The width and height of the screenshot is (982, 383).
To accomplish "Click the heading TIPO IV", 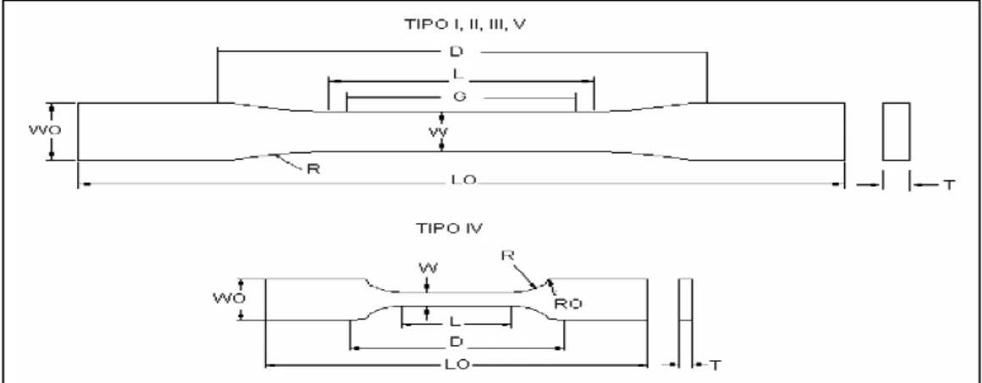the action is point(450,228).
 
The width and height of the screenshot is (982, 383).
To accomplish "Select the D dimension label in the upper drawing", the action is point(456,52).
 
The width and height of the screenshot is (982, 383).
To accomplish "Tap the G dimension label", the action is point(459,97).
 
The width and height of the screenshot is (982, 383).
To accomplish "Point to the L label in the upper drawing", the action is point(458,74).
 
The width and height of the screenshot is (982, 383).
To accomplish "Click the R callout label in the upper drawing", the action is point(313,168).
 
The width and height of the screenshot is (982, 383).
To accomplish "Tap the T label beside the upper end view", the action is point(949,184).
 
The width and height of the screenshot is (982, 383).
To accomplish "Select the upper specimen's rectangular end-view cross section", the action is point(896,131).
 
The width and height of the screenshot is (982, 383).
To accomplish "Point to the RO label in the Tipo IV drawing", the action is point(567,304).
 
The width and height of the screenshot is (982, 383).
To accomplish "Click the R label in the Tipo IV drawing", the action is point(508,255).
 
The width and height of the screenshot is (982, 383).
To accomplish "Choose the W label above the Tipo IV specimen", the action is point(429,269).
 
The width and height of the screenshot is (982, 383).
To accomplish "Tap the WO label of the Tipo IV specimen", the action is point(225,298).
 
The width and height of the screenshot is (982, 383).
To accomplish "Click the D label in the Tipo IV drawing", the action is point(456,342).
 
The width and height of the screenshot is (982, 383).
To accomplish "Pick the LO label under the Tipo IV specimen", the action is point(458,364).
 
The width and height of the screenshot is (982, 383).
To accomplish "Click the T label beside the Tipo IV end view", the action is point(714,365).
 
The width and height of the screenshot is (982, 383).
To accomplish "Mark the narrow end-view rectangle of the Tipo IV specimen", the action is point(686,320).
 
